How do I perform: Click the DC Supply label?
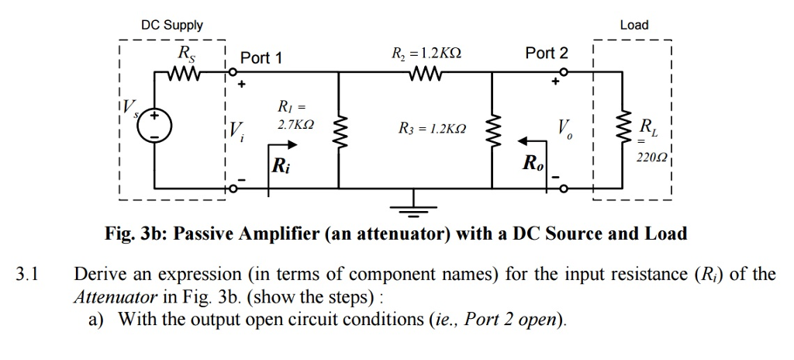click(171, 25)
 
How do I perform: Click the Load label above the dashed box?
click(633, 25)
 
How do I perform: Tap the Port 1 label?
click(261, 58)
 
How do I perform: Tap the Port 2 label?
click(546, 53)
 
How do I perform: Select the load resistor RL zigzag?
click(620, 130)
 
